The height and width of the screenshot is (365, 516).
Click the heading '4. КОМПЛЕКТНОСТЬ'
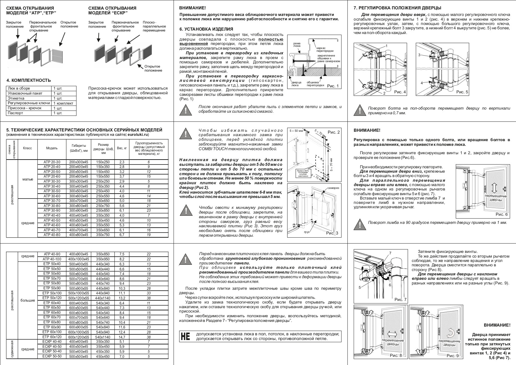coord(28,80)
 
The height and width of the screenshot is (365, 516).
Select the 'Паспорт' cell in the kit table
coord(15,113)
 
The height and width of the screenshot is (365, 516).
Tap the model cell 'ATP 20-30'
coord(52,162)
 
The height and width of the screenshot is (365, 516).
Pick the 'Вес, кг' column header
coord(122,148)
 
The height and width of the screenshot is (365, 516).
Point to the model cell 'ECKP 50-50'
coord(52,356)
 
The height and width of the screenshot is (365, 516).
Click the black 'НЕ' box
coord(185,336)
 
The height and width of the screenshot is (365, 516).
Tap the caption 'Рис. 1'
coord(332,86)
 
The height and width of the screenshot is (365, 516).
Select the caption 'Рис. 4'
coord(400,92)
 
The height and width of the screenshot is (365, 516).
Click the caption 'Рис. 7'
coord(400,300)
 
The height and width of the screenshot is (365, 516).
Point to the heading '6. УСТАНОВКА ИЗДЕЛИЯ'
coord(206,29)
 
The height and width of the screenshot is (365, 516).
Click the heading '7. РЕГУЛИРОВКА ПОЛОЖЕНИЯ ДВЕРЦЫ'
coord(397,8)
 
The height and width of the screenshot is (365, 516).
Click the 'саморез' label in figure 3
coord(333,188)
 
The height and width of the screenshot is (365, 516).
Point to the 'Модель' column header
coord(52,148)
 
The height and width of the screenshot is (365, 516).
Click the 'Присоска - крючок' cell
coord(25,108)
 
